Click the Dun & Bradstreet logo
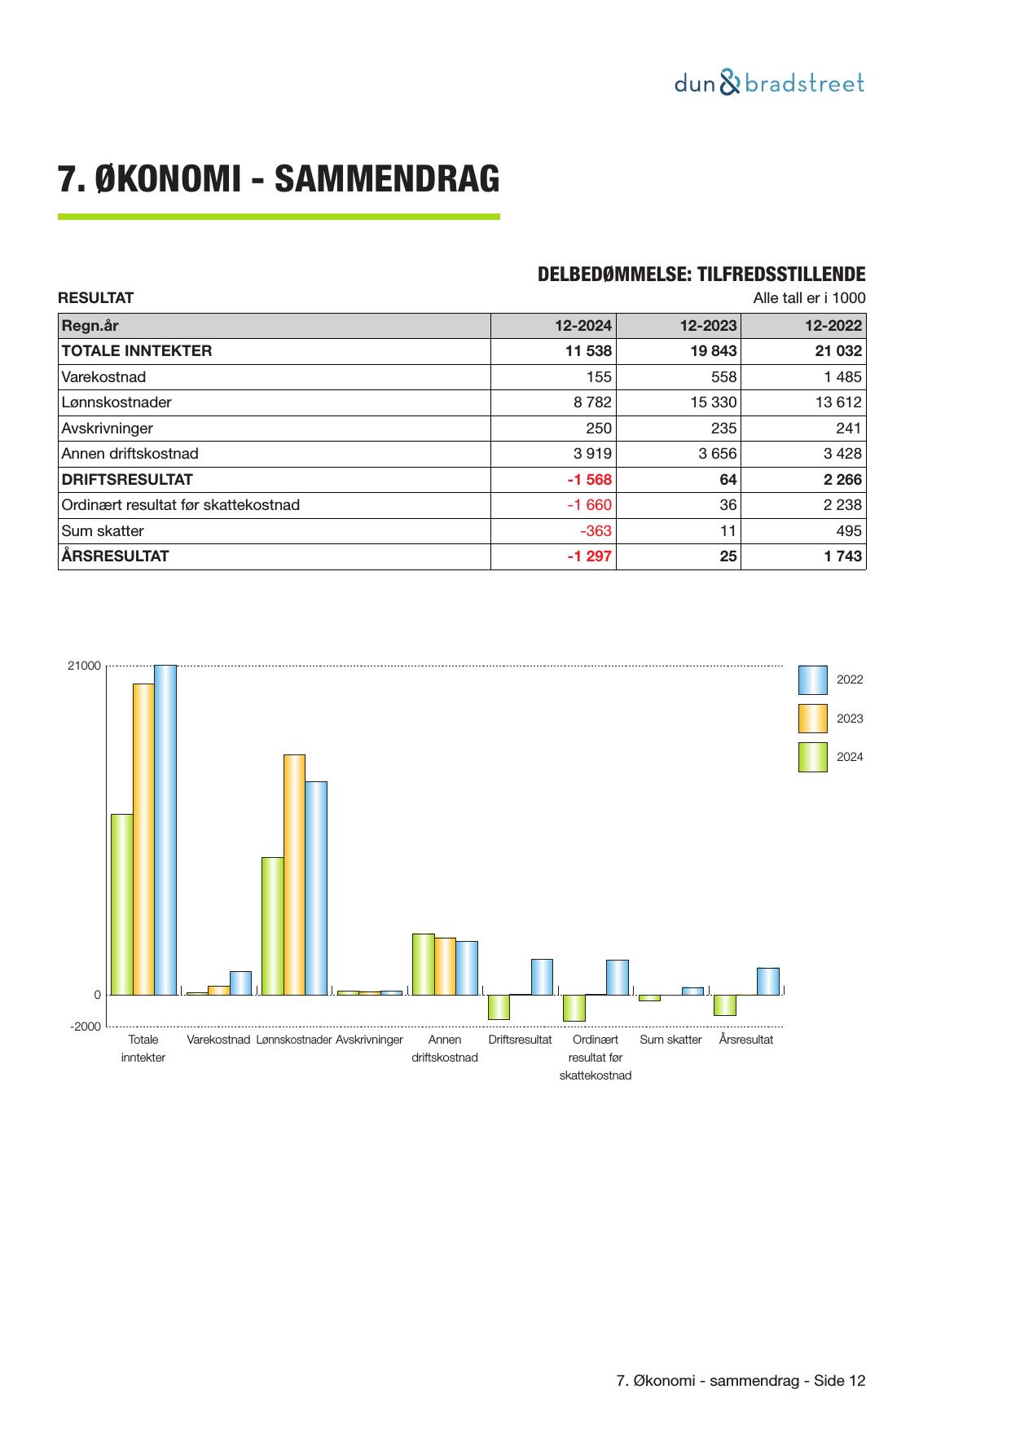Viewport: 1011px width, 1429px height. click(769, 84)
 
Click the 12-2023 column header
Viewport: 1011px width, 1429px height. click(708, 326)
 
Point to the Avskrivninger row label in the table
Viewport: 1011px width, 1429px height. click(108, 429)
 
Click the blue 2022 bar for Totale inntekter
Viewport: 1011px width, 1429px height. click(165, 829)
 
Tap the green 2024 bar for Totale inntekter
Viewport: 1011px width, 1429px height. click(122, 904)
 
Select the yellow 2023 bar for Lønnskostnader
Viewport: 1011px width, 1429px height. click(294, 874)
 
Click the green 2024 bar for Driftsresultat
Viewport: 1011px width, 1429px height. click(499, 1007)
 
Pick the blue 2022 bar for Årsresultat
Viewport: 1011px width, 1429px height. click(767, 981)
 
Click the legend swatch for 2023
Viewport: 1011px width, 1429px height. click(812, 719)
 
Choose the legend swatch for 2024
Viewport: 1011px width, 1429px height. click(812, 757)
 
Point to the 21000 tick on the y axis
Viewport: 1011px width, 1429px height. click(85, 666)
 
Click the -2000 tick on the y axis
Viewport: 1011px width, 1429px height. click(86, 1027)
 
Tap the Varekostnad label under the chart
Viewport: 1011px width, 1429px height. click(218, 1040)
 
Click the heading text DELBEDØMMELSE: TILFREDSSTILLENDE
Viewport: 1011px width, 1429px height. click(701, 275)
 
